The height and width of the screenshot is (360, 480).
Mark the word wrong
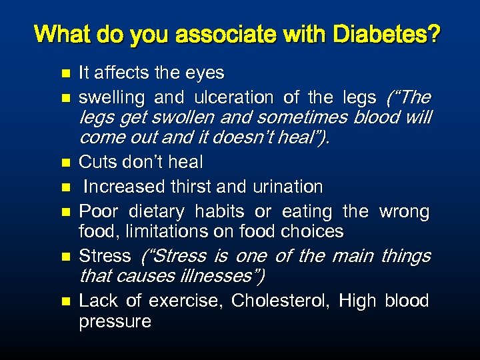click(x=404, y=211)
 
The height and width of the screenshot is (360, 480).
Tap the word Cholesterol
click(x=280, y=301)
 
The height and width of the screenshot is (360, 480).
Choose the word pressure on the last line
click(x=115, y=321)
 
